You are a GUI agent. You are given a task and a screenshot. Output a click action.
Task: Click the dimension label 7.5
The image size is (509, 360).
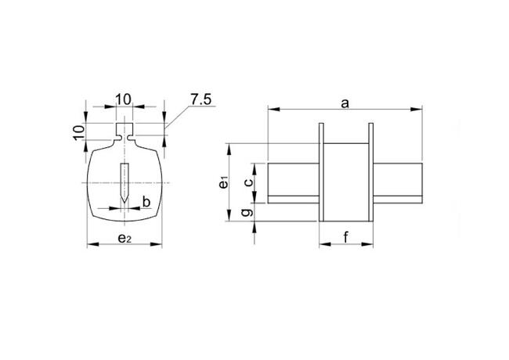click(202, 99)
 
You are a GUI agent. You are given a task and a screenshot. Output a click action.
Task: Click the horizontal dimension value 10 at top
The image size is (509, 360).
click(123, 99)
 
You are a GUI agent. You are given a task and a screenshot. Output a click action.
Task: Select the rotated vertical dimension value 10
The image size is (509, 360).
click(78, 131)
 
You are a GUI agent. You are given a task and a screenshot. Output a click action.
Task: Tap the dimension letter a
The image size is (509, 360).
click(344, 103)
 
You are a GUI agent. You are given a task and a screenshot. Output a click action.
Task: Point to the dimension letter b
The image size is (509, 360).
click(146, 203)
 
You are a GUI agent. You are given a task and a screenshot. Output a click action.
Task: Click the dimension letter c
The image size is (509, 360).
click(248, 182)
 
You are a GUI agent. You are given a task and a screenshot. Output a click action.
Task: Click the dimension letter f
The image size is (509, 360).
click(346, 238)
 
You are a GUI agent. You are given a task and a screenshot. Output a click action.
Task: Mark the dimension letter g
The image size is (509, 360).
click(248, 212)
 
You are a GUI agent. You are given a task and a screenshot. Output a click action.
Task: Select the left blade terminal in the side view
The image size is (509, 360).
click(293, 182)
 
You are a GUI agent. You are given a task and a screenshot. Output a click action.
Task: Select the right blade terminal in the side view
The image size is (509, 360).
click(398, 182)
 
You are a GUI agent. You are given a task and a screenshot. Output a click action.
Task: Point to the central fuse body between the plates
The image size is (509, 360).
click(345, 182)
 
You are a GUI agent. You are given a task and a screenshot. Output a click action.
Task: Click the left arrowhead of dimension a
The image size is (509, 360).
click(272, 110)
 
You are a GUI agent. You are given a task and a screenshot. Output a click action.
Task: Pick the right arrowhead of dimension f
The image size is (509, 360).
click(369, 246)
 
